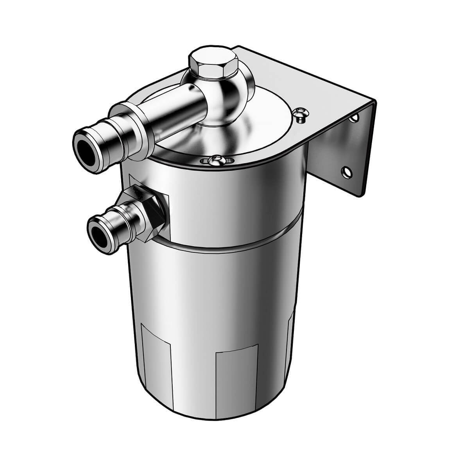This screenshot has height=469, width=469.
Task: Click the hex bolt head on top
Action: (213, 62)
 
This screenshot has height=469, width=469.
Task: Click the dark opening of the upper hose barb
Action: (85, 148)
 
